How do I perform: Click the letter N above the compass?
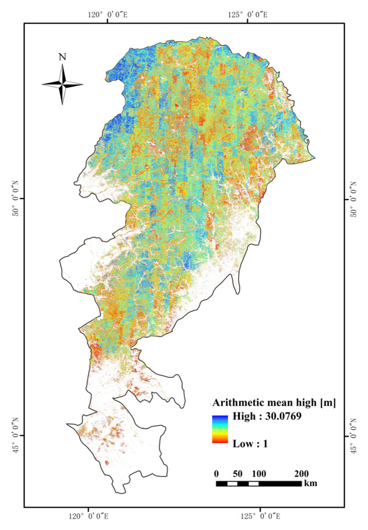point(62,57)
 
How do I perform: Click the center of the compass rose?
point(62,85)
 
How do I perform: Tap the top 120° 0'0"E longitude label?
point(108,15)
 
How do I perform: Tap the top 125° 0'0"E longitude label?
point(247,15)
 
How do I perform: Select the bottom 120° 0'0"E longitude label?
point(89,516)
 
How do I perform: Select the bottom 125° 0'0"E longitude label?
point(260,516)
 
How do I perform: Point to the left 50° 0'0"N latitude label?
point(16,199)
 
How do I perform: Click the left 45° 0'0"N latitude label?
point(16,435)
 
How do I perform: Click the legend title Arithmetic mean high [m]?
point(274,403)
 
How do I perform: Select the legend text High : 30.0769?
point(267,416)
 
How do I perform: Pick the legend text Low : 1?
point(250,444)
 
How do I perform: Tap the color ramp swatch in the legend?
point(220,429)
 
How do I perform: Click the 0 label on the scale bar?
point(216,474)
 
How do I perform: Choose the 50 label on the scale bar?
point(238,474)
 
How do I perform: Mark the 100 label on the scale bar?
point(259,474)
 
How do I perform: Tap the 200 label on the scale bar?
point(302,474)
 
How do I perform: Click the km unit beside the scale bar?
point(311,483)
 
